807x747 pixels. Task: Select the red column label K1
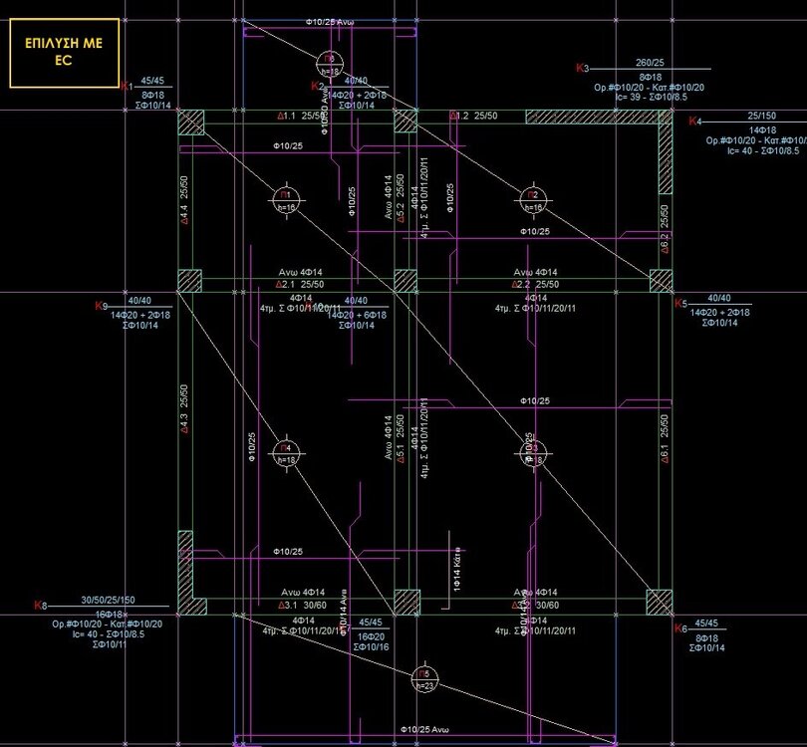(x=127, y=88)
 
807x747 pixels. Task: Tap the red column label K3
(x=583, y=68)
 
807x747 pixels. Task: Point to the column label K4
(x=695, y=122)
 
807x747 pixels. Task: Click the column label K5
(x=680, y=304)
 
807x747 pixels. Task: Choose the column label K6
(x=680, y=628)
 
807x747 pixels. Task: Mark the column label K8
(x=40, y=606)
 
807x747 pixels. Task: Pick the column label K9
(x=100, y=305)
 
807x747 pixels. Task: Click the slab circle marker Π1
(x=286, y=199)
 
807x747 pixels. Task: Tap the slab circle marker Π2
(x=533, y=200)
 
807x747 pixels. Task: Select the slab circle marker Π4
(x=286, y=453)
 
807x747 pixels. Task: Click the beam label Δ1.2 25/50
(x=472, y=117)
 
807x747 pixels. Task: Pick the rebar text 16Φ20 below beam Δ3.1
(x=371, y=635)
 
